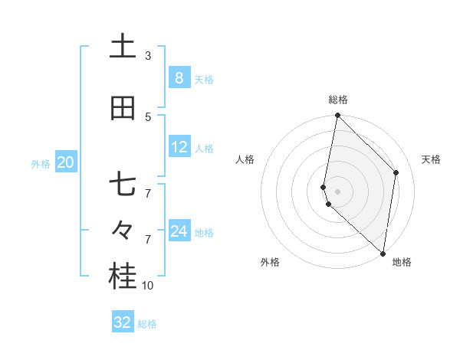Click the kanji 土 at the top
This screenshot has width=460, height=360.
tap(123, 46)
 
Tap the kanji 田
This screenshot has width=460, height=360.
tap(123, 108)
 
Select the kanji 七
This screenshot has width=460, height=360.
tap(123, 186)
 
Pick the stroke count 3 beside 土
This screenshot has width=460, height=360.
tap(148, 55)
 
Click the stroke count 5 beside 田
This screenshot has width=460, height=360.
tap(148, 116)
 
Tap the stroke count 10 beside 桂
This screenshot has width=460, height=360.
tap(148, 286)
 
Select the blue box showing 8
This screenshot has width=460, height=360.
tap(179, 77)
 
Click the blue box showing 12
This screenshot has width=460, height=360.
tap(179, 147)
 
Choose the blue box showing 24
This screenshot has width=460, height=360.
tap(179, 231)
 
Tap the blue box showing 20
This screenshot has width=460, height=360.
tap(65, 162)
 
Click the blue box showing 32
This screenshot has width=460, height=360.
tap(122, 322)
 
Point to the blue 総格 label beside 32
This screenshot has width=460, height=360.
tap(147, 324)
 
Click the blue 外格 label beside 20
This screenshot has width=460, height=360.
tap(41, 164)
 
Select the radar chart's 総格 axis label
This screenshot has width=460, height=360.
tap(338, 100)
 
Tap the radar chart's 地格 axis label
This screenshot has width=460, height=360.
tap(402, 263)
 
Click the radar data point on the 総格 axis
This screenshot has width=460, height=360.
tap(337, 116)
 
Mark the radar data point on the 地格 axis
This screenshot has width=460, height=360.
tap(383, 253)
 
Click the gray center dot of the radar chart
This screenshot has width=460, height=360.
tap(338, 191)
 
